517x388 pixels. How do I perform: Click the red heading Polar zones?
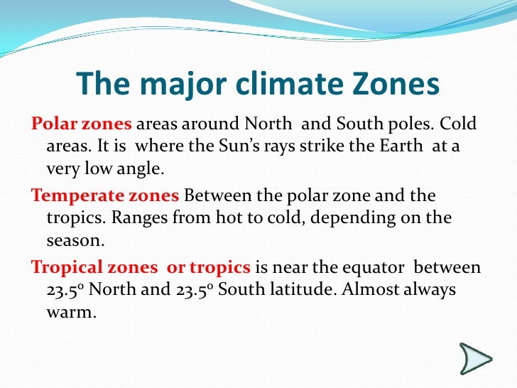(x=82, y=124)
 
